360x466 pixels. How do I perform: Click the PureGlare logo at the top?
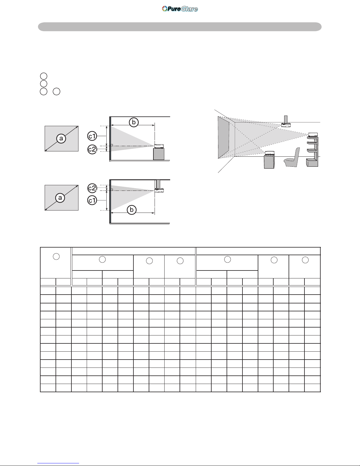180,9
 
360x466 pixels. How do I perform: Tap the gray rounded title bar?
180,27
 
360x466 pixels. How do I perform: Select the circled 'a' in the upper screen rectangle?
61,138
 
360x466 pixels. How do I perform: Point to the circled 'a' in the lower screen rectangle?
60,198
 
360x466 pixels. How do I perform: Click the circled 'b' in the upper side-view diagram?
134,122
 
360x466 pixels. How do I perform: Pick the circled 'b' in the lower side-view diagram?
132,210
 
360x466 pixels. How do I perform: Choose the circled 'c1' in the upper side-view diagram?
92,136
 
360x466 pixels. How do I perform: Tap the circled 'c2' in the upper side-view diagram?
92,149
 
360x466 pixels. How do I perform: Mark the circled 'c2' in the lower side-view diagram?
92,188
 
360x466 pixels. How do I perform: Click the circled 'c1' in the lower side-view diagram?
92,200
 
